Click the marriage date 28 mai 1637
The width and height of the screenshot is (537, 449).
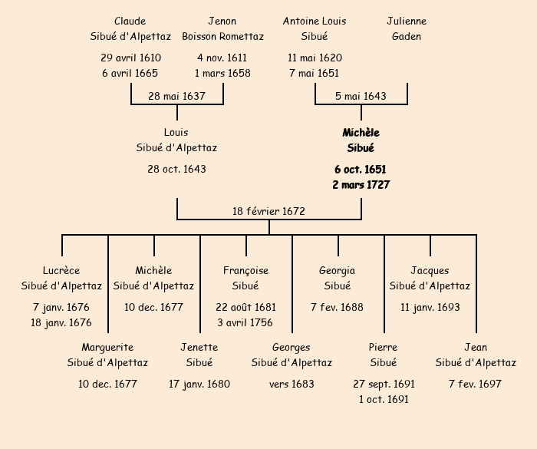(176, 96)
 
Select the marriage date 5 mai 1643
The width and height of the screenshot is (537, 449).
(361, 96)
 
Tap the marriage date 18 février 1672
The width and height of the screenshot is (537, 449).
(268, 210)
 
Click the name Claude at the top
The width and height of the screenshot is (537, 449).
(130, 21)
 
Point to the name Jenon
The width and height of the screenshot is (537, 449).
(222, 21)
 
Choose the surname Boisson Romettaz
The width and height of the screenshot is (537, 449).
(222, 36)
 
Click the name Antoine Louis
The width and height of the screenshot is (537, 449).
(315, 21)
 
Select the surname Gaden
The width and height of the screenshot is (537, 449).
(407, 36)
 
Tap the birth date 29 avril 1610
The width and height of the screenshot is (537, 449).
(130, 58)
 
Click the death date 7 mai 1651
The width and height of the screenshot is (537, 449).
(315, 73)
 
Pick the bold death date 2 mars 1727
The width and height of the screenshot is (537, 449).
(361, 184)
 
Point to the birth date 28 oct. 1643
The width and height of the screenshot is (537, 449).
(176, 169)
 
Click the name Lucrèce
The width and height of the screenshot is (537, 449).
(61, 270)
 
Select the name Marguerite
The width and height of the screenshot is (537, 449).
(107, 347)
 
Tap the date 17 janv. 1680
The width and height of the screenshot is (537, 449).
(199, 384)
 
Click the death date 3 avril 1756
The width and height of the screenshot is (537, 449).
(245, 322)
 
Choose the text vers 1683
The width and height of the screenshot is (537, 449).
(292, 384)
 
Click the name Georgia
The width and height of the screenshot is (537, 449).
(338, 270)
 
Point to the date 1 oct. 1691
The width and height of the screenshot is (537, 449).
(384, 399)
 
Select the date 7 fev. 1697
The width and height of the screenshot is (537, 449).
(476, 384)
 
